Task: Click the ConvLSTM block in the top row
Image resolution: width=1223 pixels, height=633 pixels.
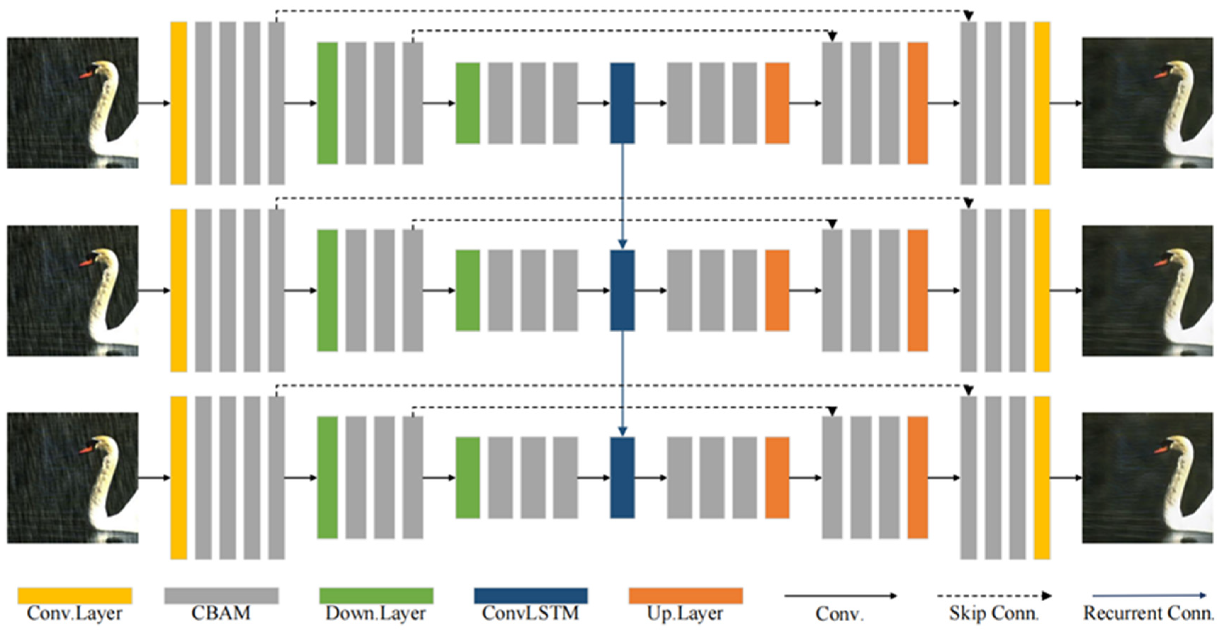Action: (622, 103)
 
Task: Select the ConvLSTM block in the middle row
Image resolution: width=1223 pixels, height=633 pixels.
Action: (622, 290)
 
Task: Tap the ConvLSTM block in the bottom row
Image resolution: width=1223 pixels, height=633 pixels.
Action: (622, 477)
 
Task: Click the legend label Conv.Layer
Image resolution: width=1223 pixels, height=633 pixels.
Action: (74, 613)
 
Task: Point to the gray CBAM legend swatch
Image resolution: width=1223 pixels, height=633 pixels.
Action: (221, 595)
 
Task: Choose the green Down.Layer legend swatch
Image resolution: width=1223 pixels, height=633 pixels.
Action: (376, 595)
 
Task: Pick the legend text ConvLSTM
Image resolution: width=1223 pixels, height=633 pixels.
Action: (530, 613)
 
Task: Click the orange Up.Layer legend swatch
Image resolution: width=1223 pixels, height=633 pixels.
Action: (686, 595)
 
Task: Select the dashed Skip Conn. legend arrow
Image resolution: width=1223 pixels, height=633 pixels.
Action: (994, 595)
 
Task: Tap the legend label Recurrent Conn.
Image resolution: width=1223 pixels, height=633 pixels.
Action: (1148, 613)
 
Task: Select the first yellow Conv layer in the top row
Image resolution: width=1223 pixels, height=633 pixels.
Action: (179, 103)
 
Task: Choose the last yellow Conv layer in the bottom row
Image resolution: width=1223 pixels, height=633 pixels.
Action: (1042, 478)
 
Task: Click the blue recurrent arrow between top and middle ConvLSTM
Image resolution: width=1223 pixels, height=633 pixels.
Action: (622, 194)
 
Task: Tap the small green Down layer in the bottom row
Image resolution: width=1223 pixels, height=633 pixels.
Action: (468, 477)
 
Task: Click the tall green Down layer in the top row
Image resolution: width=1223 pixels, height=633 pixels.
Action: (327, 103)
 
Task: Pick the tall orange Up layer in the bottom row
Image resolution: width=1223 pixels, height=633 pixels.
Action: (917, 477)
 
